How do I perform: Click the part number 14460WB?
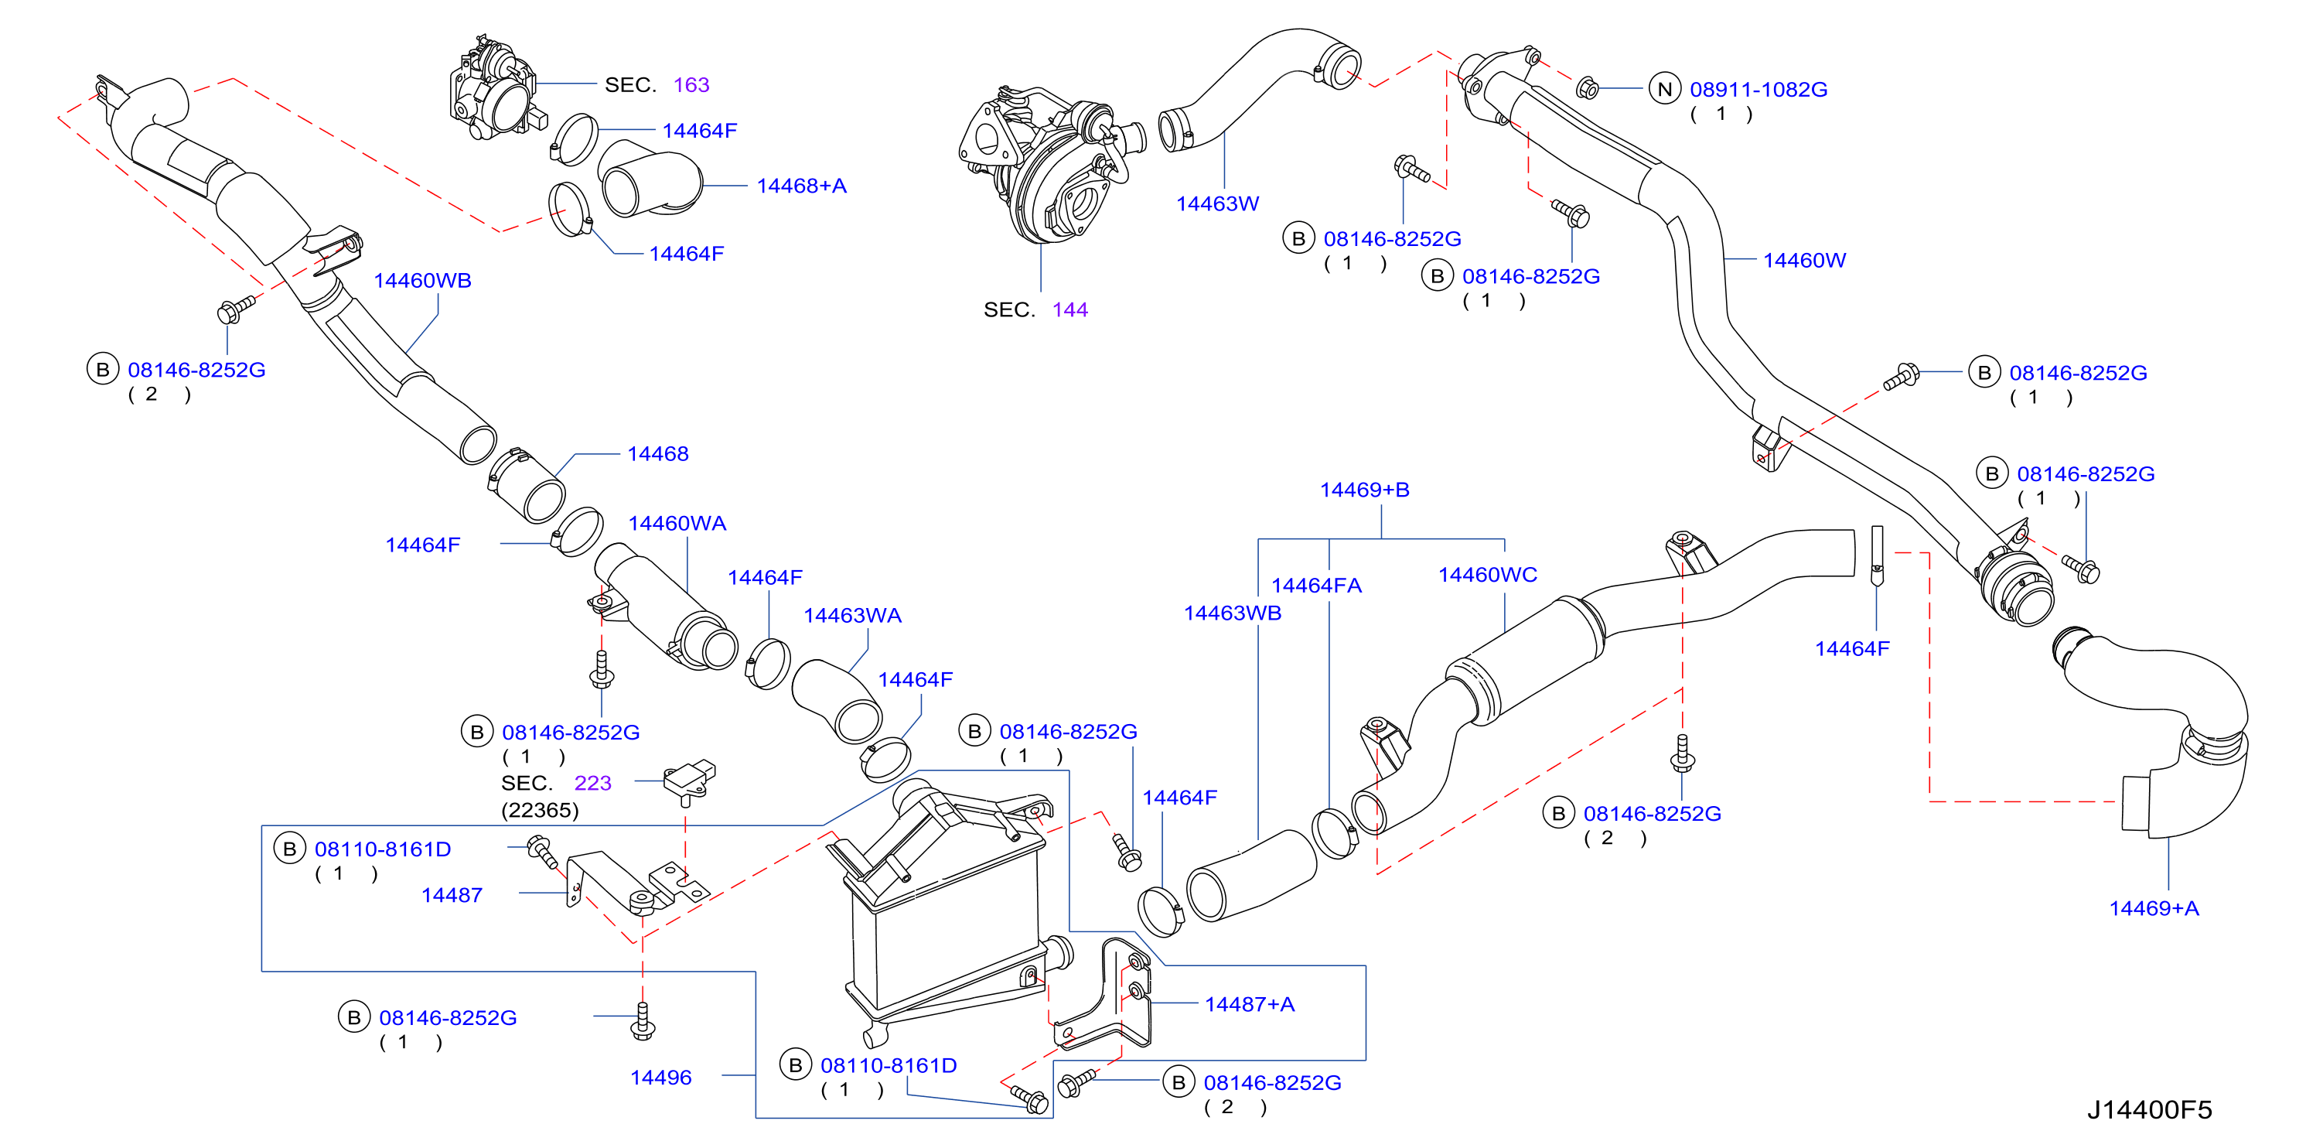point(421,280)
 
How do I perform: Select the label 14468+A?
point(801,186)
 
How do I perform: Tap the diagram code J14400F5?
point(2149,1109)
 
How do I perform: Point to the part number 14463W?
point(1216,203)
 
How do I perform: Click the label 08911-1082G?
point(1758,90)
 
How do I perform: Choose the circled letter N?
point(1664,90)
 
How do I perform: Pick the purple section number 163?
point(691,84)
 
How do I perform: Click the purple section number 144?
point(1069,310)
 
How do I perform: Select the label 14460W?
point(1804,260)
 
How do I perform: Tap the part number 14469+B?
point(1364,490)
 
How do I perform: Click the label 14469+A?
point(2153,908)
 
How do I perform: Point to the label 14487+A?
point(1249,1004)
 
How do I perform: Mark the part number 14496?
point(660,1078)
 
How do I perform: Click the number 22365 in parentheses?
point(540,811)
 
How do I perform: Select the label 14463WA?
point(852,615)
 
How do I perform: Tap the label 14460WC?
point(1487,574)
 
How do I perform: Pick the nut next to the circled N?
point(1586,87)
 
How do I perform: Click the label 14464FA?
point(1316,586)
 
